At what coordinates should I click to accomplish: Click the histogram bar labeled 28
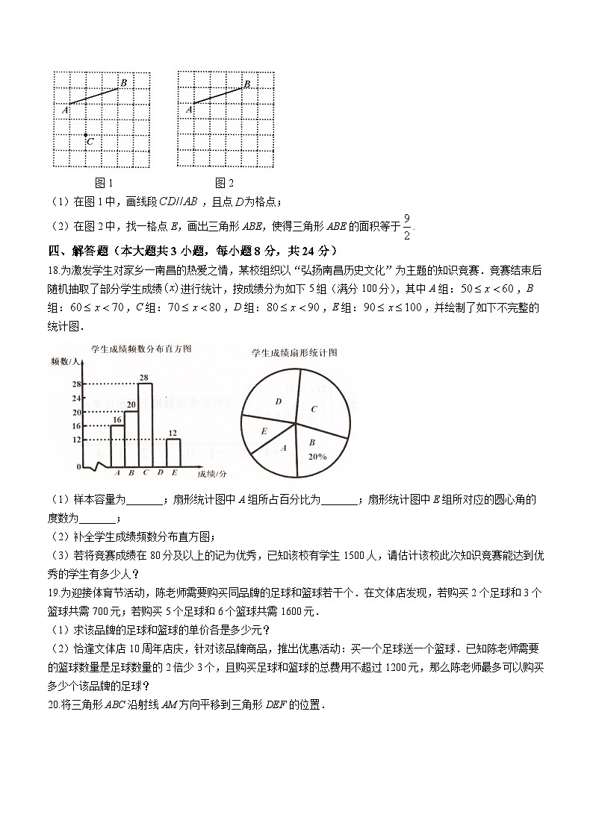point(145,424)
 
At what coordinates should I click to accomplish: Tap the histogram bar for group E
point(173,452)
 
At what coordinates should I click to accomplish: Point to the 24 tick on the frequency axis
point(76,398)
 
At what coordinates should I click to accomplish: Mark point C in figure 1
point(86,136)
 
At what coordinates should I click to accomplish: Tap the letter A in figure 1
point(65,110)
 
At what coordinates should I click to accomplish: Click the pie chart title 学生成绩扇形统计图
point(295,352)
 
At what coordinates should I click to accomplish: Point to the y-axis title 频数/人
point(65,361)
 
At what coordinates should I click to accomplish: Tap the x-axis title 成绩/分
point(212,473)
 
